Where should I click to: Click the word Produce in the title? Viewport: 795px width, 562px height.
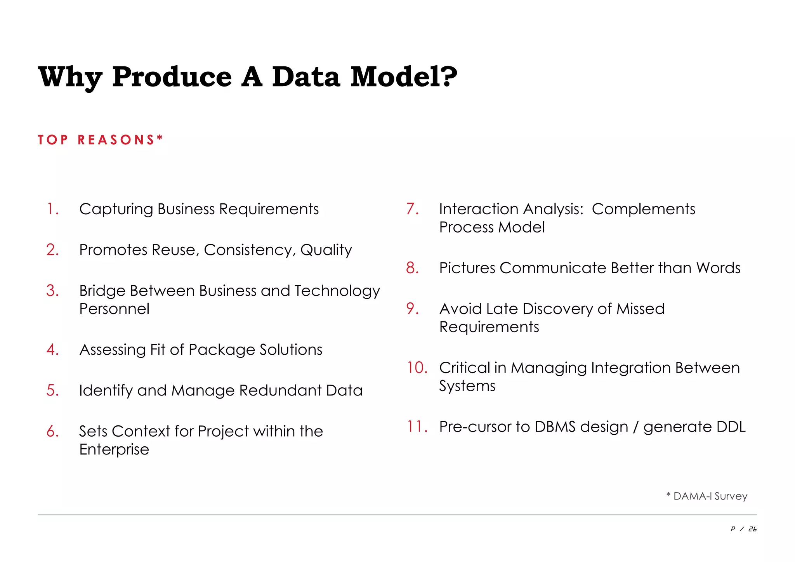[172, 77]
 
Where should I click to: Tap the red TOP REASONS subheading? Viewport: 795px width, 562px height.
[100, 140]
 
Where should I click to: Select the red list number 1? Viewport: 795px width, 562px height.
[52, 209]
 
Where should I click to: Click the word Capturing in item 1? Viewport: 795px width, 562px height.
[116, 210]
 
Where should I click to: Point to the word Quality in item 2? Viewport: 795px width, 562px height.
[326, 250]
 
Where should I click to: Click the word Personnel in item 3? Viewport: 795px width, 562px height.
[114, 309]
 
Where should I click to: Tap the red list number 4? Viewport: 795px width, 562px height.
[52, 350]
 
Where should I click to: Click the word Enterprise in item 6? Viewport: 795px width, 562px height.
[114, 449]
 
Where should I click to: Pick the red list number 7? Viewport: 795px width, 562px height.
[412, 209]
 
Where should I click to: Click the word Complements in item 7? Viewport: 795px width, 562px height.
[643, 210]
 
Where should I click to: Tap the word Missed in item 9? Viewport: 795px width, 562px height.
[641, 309]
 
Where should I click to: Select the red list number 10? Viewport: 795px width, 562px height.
[417, 368]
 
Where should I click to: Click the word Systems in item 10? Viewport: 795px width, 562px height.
[467, 386]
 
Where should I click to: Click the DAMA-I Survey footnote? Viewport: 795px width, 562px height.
[707, 496]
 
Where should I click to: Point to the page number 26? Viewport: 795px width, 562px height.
[752, 529]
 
